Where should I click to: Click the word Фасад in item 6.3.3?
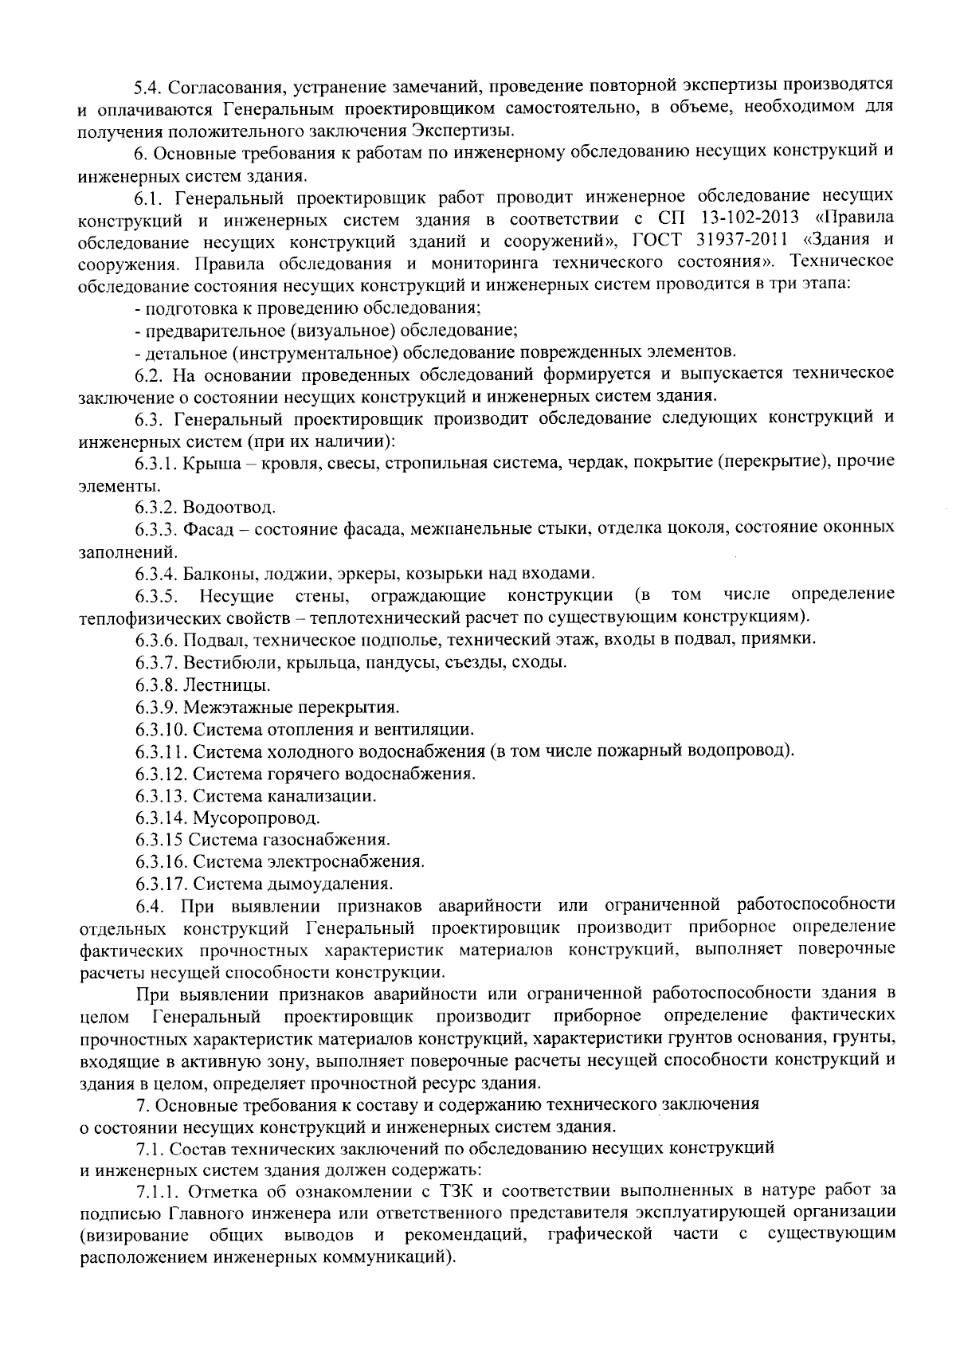tap(206, 527)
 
